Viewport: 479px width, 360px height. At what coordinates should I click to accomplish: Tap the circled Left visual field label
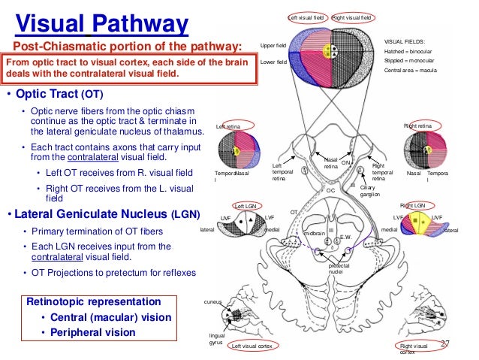tap(308, 17)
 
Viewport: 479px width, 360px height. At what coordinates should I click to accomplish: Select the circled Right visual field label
tap(352, 17)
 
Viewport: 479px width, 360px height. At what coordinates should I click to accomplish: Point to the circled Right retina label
tap(418, 126)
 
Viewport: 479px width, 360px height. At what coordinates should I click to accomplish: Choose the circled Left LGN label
tap(246, 205)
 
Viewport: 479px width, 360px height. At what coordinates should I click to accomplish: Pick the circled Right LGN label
tap(412, 204)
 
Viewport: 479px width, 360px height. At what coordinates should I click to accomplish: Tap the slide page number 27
tap(444, 344)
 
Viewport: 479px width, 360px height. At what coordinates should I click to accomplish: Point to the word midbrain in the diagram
tap(314, 234)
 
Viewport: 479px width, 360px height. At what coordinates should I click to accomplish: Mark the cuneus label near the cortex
tap(213, 301)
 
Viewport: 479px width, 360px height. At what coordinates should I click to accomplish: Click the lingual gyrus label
tap(215, 338)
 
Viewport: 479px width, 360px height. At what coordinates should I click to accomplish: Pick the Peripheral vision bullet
tap(93, 331)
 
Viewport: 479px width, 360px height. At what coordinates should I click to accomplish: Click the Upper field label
tap(273, 47)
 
